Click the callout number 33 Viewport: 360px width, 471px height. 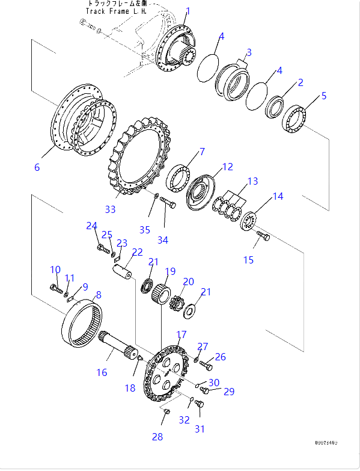point(110,209)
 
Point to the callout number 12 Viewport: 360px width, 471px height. point(227,167)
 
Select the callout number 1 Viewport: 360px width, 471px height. point(188,11)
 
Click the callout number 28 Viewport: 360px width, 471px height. point(157,437)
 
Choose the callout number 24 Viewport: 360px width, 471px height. point(91,226)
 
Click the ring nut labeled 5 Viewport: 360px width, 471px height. point(296,117)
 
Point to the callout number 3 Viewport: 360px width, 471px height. point(249,52)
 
